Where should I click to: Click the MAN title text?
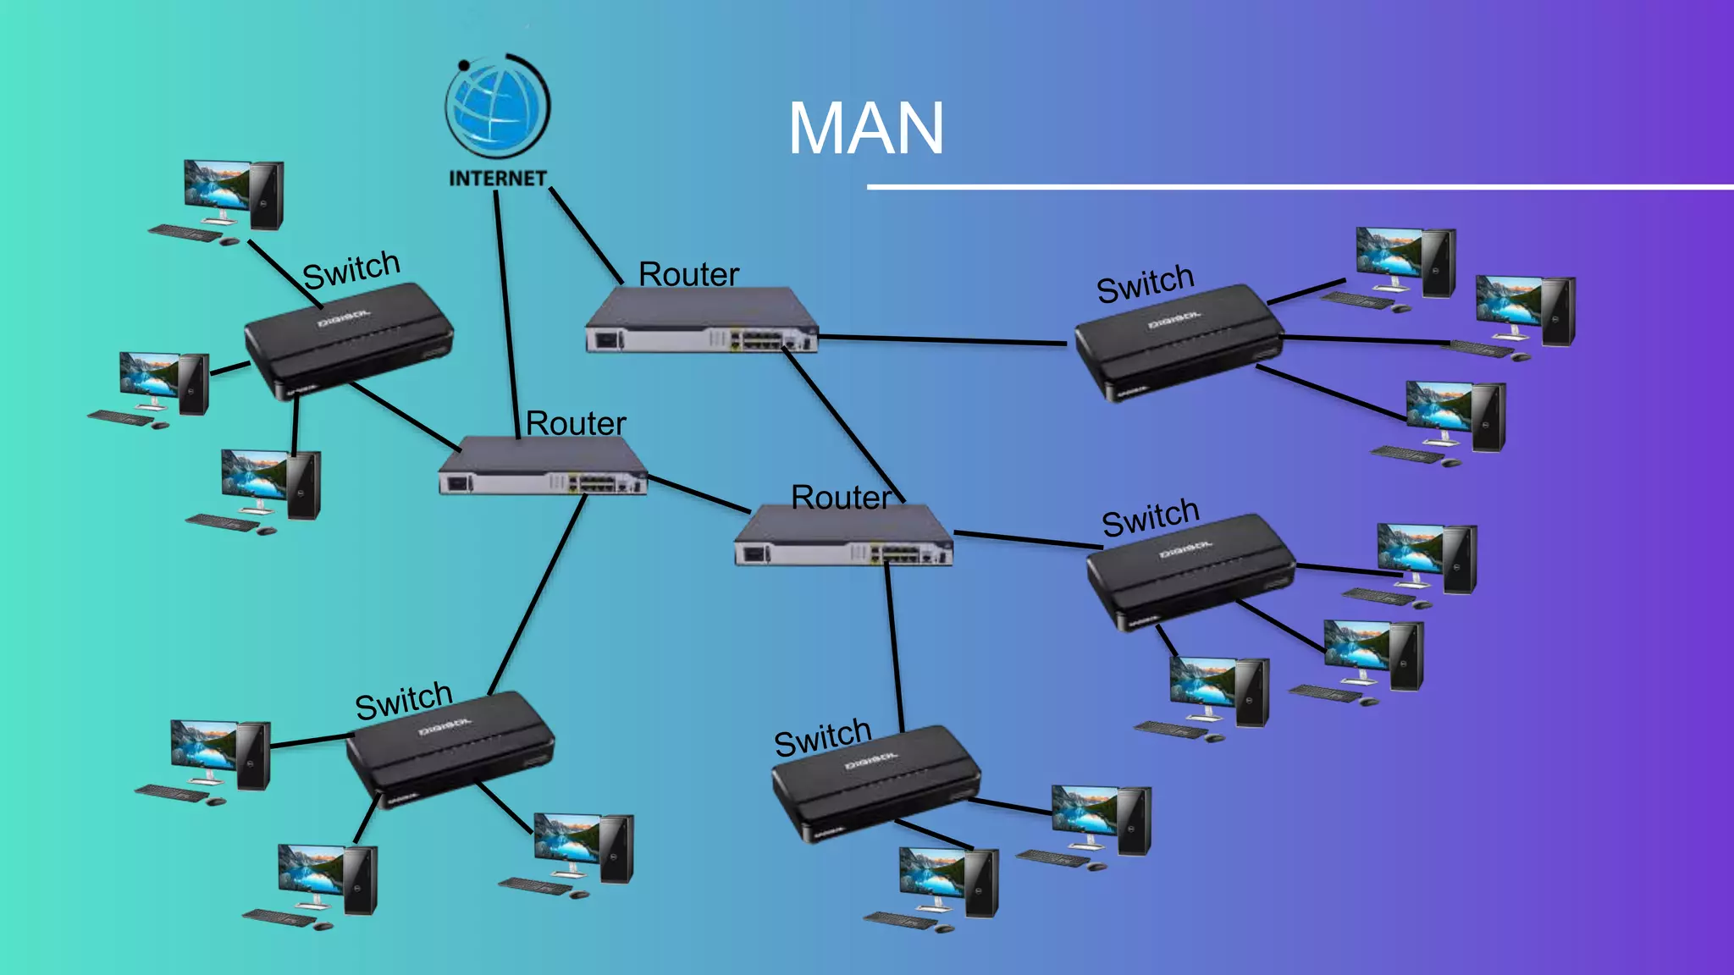pyautogui.click(x=865, y=129)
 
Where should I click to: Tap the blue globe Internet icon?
pyautogui.click(x=498, y=108)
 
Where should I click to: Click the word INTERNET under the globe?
pyautogui.click(x=498, y=179)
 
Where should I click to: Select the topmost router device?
pyautogui.click(x=701, y=320)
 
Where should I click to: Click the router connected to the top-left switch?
pyautogui.click(x=542, y=465)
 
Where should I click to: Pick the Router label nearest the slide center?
pyautogui.click(x=841, y=498)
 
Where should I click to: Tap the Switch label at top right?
pyautogui.click(x=1145, y=284)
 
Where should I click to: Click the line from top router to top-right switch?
pyautogui.click(x=940, y=340)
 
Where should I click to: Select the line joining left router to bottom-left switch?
pyautogui.click(x=538, y=592)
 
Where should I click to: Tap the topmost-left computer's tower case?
pyautogui.click(x=266, y=195)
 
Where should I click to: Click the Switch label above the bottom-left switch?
pyautogui.click(x=403, y=701)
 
